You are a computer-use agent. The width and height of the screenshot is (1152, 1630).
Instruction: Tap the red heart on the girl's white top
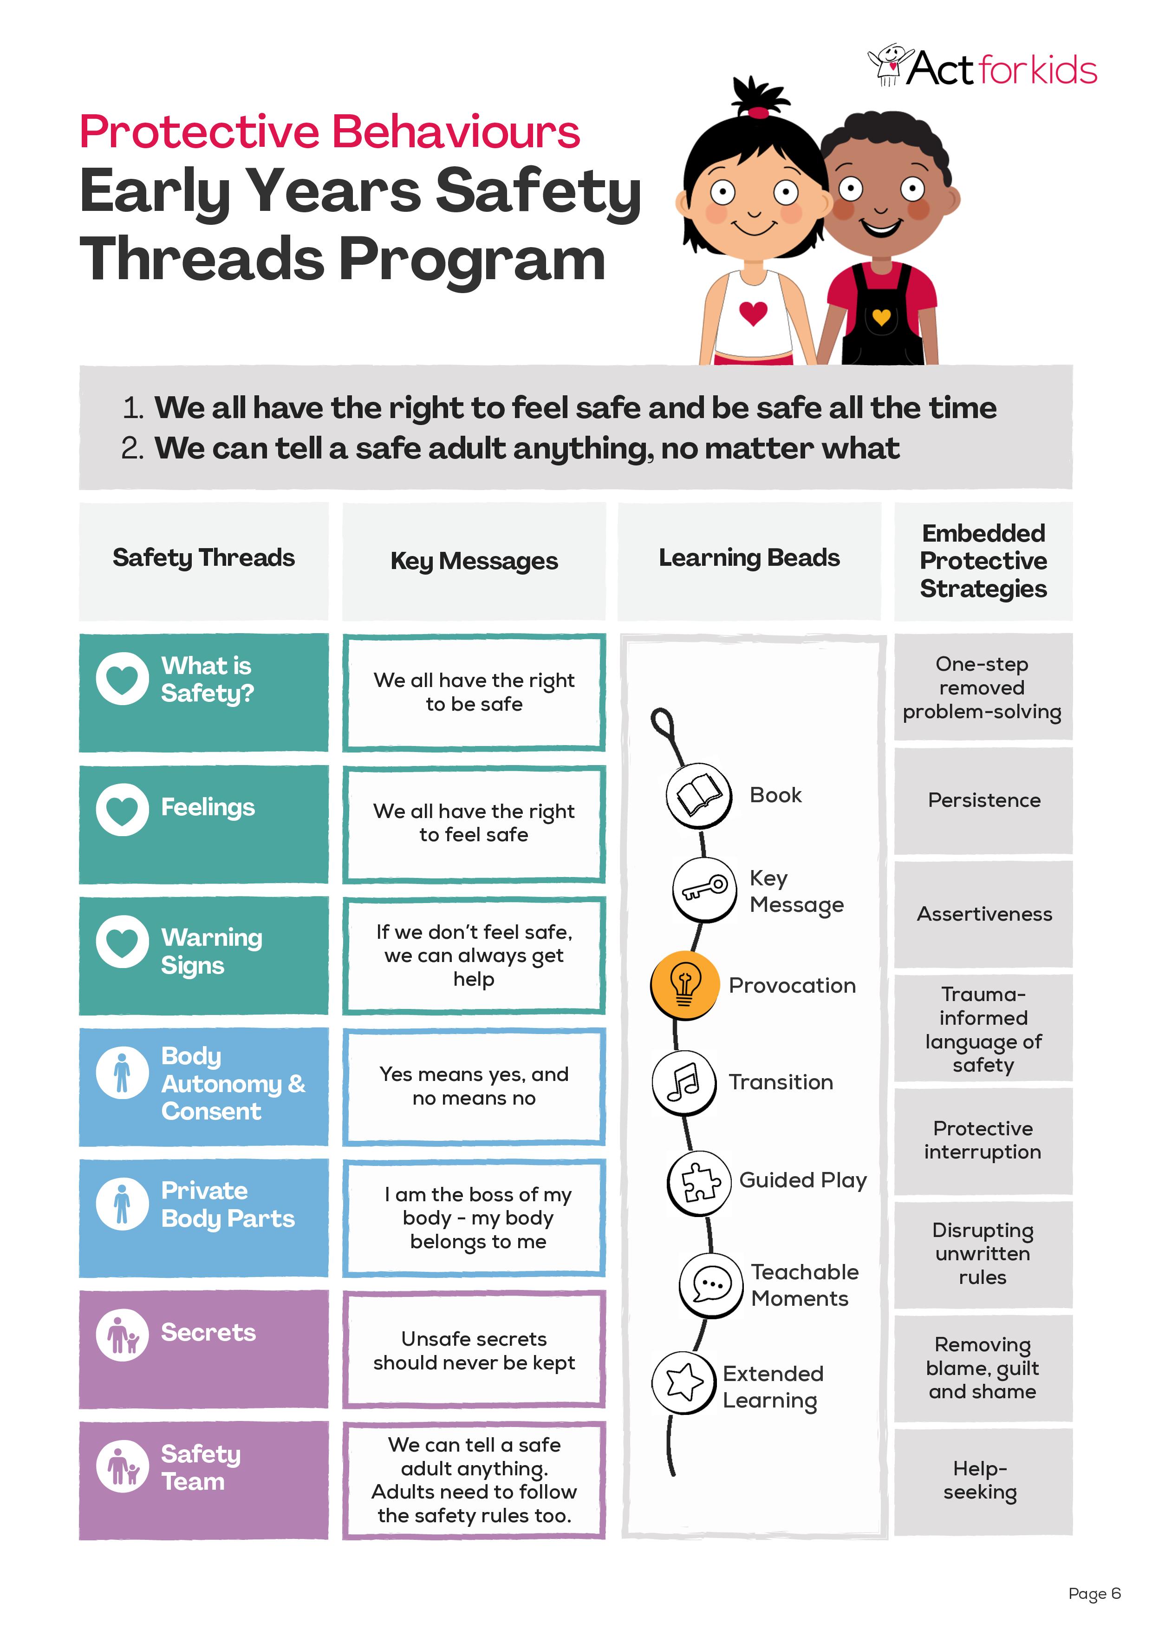tap(753, 312)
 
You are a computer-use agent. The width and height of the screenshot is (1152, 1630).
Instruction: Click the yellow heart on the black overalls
tap(881, 317)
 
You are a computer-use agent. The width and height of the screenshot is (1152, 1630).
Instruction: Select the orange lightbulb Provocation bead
tap(684, 985)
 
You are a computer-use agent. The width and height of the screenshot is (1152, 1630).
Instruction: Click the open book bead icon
tap(699, 795)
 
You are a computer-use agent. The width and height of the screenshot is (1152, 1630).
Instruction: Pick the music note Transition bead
tap(684, 1082)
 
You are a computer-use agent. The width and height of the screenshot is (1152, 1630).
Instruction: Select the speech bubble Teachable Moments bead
tap(711, 1284)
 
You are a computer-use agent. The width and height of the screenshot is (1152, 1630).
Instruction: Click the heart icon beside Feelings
tap(122, 809)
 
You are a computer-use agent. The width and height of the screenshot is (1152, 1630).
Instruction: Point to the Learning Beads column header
tap(749, 558)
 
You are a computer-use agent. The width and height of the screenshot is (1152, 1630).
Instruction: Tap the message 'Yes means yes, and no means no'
tap(474, 1086)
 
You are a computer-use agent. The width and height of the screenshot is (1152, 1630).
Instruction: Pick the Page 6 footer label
tap(1094, 1593)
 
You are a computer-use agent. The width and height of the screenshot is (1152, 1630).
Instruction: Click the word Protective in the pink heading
tap(200, 133)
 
